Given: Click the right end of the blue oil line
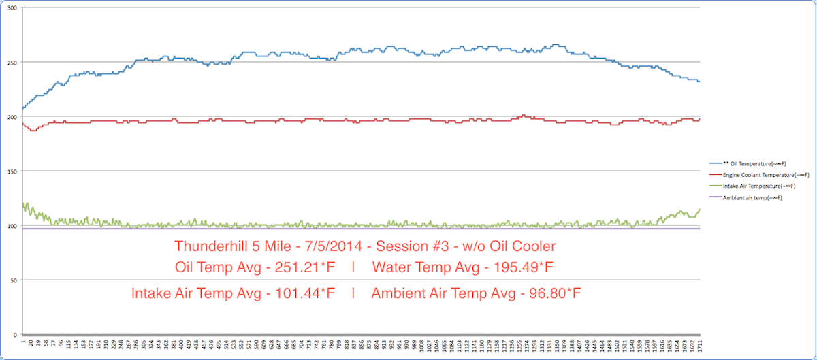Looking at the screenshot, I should (699, 82).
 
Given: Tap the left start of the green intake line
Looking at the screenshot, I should (23, 203).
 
